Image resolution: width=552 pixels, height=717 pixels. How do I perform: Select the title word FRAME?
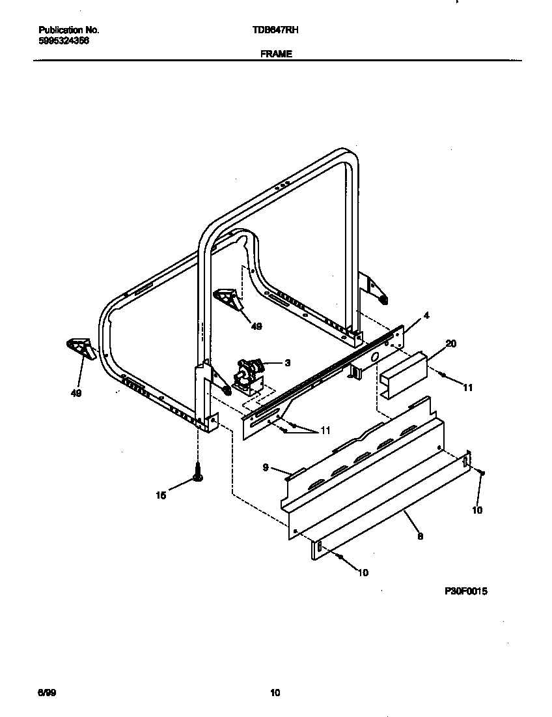point(276,55)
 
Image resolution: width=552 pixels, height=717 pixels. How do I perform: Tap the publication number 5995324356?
point(64,40)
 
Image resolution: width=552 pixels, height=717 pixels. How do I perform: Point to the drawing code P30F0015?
point(466,591)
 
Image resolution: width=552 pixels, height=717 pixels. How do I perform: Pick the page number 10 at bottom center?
point(275,693)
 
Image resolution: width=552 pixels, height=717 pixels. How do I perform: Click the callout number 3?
point(286,363)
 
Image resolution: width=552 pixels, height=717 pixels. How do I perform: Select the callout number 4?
point(426,315)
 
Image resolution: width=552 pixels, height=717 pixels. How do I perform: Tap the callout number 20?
point(450,343)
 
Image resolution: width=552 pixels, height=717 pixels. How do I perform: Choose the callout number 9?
point(266,467)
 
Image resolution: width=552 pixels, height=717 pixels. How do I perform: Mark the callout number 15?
point(161,496)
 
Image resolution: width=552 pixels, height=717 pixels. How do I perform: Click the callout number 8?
point(420,536)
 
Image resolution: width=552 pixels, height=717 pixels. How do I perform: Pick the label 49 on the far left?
point(76,394)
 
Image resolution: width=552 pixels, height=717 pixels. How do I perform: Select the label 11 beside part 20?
point(467,388)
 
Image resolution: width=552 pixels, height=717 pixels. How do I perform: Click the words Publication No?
point(69,30)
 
